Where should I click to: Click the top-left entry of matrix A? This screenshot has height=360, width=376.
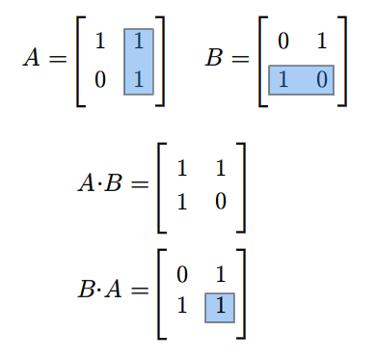coord(100,42)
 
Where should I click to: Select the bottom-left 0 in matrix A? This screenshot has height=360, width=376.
coord(100,80)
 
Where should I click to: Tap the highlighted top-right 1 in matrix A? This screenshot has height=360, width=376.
coord(139,42)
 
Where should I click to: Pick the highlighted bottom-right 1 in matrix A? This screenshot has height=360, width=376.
coord(139,80)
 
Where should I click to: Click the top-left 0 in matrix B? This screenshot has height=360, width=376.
coord(283,42)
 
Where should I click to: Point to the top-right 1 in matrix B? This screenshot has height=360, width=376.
coord(322,42)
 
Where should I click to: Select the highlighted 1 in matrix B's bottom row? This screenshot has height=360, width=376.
coord(283,80)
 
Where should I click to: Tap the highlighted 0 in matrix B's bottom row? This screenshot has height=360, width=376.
coord(322,80)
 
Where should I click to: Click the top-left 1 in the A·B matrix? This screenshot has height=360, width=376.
coord(182,168)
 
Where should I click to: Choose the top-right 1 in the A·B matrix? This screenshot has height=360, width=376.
coord(221,168)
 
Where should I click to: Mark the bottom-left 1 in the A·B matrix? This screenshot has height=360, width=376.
coord(182,202)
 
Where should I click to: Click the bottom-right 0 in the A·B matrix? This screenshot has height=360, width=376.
coord(221,202)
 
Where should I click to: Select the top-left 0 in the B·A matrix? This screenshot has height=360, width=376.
coord(182,275)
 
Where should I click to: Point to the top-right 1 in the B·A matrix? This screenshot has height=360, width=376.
coord(221,275)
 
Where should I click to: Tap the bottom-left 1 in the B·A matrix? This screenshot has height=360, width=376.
coord(182,305)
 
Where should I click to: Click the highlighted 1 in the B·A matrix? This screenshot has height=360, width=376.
coord(221,305)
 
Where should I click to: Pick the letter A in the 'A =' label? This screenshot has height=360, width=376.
coord(32,58)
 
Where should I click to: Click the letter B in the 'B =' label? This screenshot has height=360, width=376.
coord(214,58)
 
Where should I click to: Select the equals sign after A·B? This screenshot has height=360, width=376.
coord(140,184)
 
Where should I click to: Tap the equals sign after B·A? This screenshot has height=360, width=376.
coord(140,291)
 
